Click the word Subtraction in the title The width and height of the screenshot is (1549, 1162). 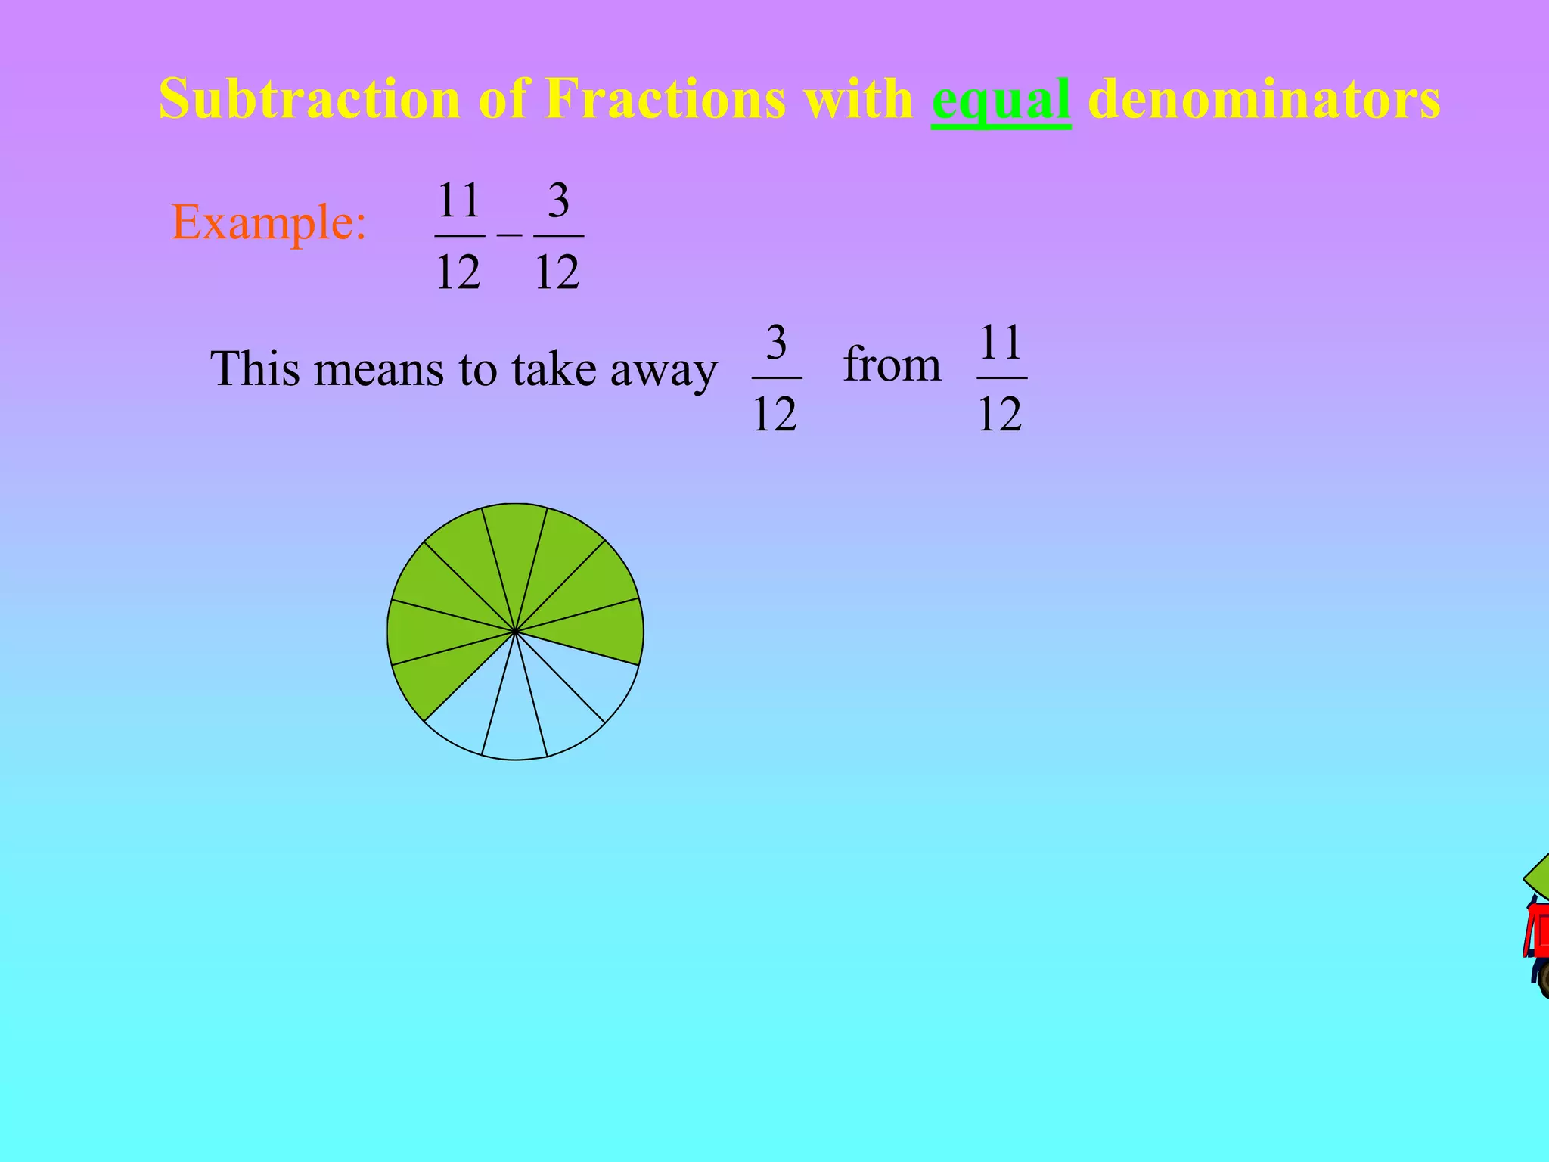309,99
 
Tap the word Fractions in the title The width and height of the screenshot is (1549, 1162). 665,99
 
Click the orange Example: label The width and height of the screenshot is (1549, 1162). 269,223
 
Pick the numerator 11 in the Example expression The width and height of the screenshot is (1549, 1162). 459,200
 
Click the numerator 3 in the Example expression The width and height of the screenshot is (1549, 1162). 558,200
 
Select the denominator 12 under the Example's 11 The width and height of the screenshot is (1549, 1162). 458,272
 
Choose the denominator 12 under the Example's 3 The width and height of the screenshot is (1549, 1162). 557,272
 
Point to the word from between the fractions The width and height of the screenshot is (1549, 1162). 892,365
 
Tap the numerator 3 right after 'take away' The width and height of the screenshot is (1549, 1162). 776,343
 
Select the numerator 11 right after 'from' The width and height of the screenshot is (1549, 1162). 1001,343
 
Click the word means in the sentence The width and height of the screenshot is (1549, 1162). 379,370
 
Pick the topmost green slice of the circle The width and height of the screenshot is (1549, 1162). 515,545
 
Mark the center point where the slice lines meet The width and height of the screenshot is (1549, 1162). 515,631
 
